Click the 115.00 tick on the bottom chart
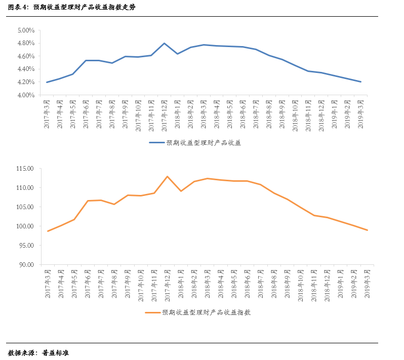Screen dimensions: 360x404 coord(24,169)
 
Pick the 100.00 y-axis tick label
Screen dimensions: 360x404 coord(24,226)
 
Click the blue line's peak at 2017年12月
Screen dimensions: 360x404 coord(165,43)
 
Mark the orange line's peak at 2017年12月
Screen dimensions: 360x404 coord(168,176)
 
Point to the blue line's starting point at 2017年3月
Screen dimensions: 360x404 coord(47,82)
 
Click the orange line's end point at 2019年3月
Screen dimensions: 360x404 coord(367,230)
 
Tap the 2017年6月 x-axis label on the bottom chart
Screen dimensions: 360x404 coord(87,286)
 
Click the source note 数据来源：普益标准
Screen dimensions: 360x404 coord(38,352)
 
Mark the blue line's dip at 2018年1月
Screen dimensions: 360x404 coord(178,54)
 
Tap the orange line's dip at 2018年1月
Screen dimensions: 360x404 coord(181,191)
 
